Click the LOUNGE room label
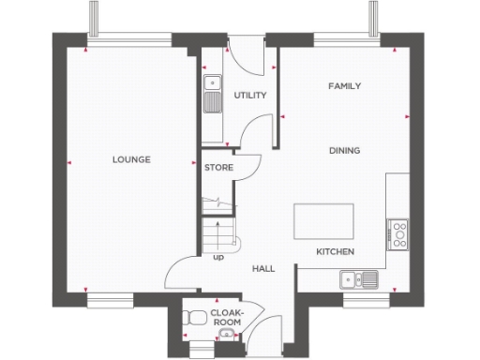pyautogui.click(x=131, y=159)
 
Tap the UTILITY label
pyautogui.click(x=251, y=96)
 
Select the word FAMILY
pyautogui.click(x=344, y=85)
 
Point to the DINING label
pyautogui.click(x=344, y=150)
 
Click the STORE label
pyautogui.click(x=218, y=167)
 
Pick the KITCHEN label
pyautogui.click(x=335, y=252)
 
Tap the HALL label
pyautogui.click(x=263, y=269)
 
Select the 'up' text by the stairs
pyautogui.click(x=217, y=256)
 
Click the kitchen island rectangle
pyautogui.click(x=324, y=222)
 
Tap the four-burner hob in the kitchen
pyautogui.click(x=397, y=232)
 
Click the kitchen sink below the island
pyautogui.click(x=359, y=277)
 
